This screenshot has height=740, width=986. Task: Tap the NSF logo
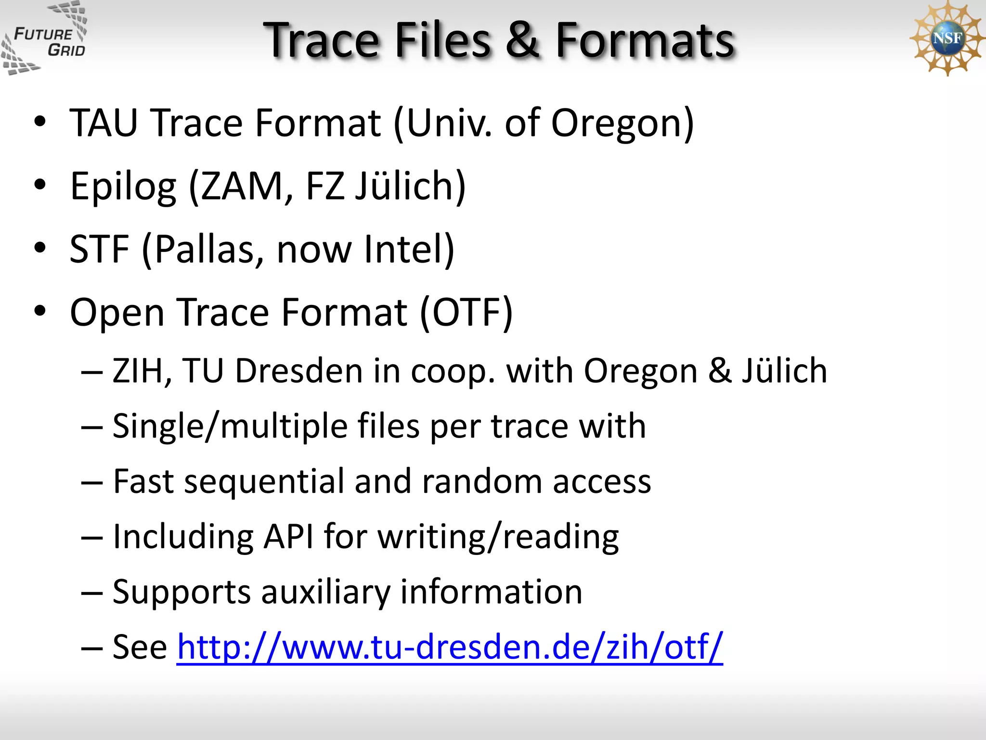point(947,39)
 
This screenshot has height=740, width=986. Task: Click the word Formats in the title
point(645,40)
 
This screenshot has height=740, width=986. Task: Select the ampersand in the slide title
point(523,40)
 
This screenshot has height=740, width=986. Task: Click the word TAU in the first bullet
point(104,123)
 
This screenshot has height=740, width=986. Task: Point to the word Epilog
point(123,187)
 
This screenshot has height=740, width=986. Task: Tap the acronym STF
point(99,250)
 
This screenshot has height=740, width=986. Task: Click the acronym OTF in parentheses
point(466,312)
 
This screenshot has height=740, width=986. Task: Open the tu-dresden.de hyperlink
point(450,647)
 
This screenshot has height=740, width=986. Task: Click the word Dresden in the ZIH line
point(298,371)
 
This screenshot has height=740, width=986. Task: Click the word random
point(482,482)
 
